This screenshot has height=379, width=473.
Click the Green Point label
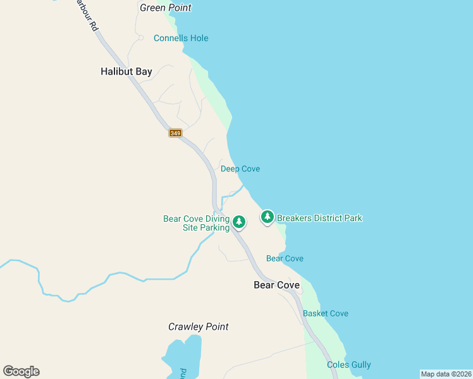tap(165, 8)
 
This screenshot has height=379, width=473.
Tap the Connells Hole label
tap(181, 39)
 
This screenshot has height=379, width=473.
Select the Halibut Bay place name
tap(126, 71)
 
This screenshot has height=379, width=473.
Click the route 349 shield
tap(175, 133)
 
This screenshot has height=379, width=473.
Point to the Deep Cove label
tap(240, 169)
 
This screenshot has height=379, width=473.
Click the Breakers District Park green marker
tap(267, 217)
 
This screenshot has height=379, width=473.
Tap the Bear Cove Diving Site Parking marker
tap(238, 221)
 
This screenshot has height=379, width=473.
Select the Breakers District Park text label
tap(319, 218)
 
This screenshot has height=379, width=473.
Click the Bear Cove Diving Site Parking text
tap(196, 223)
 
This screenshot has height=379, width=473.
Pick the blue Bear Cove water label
tap(285, 258)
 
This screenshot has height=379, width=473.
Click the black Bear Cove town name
tap(276, 285)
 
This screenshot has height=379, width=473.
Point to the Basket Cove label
tap(325, 313)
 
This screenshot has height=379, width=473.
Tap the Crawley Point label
tap(198, 327)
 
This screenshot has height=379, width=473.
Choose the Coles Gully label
tap(348, 364)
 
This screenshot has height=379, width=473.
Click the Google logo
tap(21, 371)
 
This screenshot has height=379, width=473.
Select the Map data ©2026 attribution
tap(446, 374)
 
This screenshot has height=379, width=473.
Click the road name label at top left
tap(87, 16)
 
